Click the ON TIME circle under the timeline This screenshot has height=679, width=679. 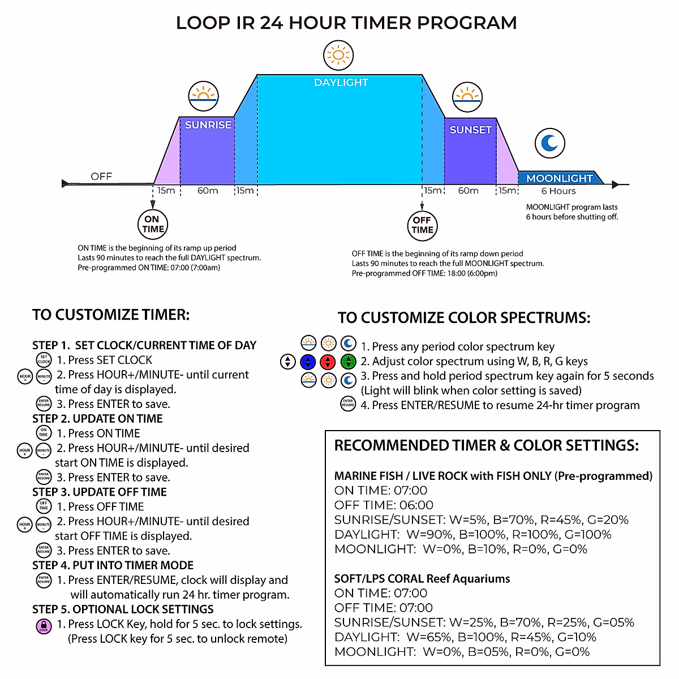[153, 224]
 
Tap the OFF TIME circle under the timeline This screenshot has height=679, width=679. [422, 225]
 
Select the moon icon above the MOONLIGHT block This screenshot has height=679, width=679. [549, 143]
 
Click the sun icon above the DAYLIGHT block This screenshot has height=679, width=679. [338, 55]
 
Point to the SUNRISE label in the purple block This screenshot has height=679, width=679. [208, 125]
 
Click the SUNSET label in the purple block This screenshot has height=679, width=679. [470, 130]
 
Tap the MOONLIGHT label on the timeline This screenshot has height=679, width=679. [559, 178]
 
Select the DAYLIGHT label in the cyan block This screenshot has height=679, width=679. [341, 83]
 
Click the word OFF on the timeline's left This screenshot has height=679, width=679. [101, 177]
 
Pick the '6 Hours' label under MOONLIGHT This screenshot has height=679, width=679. [558, 191]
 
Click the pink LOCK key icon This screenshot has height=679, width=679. [44, 626]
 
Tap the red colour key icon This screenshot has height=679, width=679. [328, 362]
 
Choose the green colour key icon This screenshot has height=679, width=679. [348, 362]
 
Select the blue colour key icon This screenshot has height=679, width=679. [308, 362]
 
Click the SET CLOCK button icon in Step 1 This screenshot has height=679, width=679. [44, 360]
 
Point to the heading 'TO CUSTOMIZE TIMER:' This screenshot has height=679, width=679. [111, 315]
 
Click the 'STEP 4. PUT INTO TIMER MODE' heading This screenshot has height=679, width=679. [113, 565]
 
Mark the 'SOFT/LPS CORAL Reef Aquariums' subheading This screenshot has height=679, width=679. [422, 579]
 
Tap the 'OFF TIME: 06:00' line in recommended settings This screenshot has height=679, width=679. [384, 505]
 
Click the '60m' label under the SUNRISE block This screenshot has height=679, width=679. [207, 191]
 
